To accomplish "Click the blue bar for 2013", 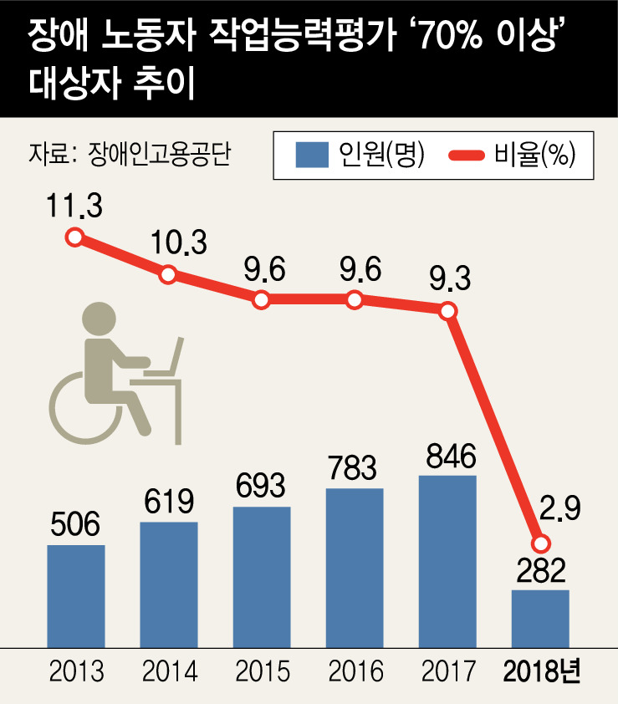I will click(x=76, y=594).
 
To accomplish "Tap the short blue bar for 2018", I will click(x=540, y=617).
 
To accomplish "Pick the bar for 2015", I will click(x=262, y=575).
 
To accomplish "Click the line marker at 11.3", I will click(x=75, y=237).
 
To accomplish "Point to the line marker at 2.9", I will click(x=541, y=543).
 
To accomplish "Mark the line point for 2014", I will click(x=168, y=274).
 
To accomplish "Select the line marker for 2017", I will click(x=448, y=310).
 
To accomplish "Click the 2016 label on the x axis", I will click(x=355, y=671).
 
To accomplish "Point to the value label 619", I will click(x=168, y=502).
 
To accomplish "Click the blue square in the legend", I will click(x=311, y=155).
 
